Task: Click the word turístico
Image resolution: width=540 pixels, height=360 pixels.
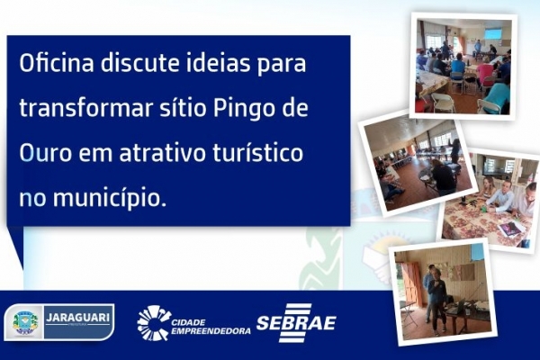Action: point(258,153)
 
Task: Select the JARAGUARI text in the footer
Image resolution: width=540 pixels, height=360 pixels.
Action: point(77,318)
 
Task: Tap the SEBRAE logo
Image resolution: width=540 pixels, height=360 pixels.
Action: point(296,323)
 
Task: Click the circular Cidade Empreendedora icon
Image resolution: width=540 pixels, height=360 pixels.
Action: point(153,323)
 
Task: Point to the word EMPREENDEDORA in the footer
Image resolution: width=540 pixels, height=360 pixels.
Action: point(211,331)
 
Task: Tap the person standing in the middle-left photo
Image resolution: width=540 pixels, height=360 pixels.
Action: point(455,152)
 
